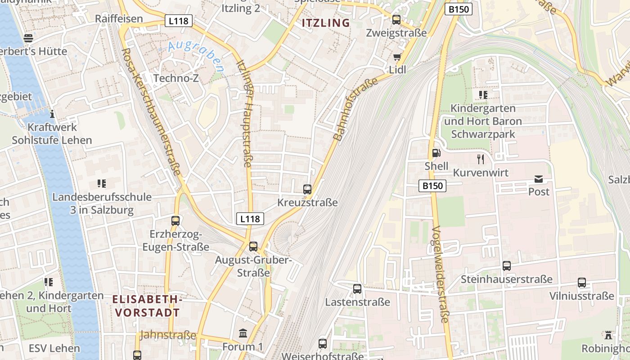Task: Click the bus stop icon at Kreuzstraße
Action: (307, 189)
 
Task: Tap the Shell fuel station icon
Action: (436, 153)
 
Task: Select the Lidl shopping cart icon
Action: (397, 57)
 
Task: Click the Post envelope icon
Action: (539, 179)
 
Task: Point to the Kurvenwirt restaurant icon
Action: (481, 159)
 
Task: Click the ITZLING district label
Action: (325, 23)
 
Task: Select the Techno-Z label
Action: (176, 78)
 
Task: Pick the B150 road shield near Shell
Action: (432, 185)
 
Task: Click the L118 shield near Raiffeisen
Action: (179, 20)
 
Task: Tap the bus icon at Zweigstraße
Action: (396, 20)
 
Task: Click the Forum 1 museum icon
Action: (243, 334)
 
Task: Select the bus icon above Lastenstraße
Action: (357, 289)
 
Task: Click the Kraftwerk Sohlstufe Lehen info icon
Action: (52, 114)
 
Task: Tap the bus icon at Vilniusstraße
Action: (582, 283)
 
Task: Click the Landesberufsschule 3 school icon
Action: (101, 184)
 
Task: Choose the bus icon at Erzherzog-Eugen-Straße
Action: (175, 221)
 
